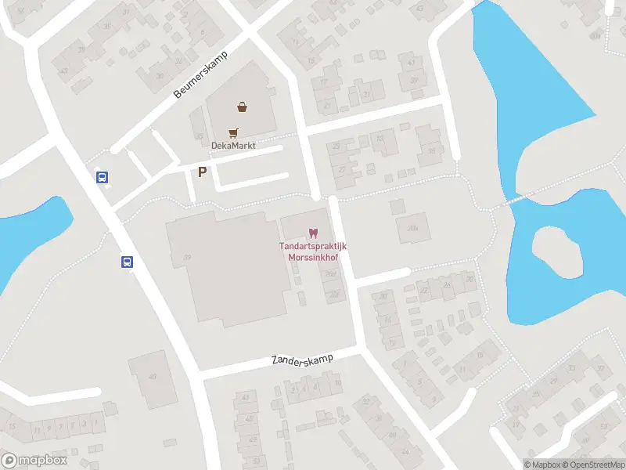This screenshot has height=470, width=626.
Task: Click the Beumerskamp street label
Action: pos(200,80)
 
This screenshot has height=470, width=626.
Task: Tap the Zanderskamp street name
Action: pos(302,360)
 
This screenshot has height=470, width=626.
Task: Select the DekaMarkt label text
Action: pos(234,146)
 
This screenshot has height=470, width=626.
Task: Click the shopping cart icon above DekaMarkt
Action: pos(233,133)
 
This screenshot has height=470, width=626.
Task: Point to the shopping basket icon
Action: pos(243,107)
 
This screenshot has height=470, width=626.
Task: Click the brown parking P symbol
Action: pos(203,172)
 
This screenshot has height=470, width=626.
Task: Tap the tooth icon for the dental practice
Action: pos(313,233)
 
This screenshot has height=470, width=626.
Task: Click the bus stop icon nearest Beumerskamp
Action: pos(103,177)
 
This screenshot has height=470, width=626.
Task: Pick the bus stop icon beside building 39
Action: pos(127,262)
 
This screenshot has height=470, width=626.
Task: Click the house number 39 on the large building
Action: pos(187,257)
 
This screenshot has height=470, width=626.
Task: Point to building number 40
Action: pos(152,377)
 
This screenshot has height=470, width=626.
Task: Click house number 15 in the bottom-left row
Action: pos(11,427)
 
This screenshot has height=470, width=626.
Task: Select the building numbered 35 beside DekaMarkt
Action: pos(430,152)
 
